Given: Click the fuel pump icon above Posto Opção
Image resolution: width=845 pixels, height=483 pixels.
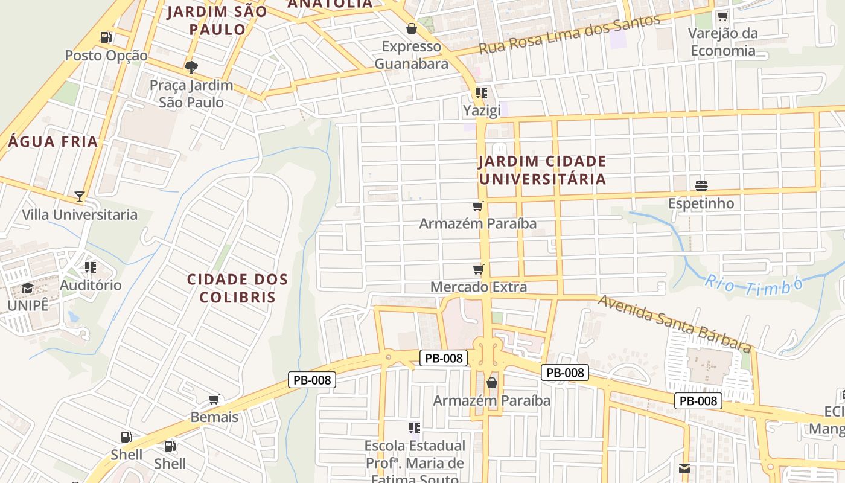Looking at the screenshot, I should (106, 37).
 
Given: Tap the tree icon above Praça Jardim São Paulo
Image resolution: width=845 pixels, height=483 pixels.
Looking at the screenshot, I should (191, 67).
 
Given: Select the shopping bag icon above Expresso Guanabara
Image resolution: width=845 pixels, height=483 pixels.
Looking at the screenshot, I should (412, 28).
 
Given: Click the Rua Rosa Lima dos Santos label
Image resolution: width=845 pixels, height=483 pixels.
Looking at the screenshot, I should (569, 35).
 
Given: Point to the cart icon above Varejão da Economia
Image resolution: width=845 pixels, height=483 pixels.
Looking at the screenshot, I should (722, 16).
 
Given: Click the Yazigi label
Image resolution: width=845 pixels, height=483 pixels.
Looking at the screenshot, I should (481, 111).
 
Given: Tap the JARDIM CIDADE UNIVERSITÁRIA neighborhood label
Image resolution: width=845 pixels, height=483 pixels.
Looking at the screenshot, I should (542, 170).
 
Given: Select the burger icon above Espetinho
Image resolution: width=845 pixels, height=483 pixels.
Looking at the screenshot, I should (701, 185).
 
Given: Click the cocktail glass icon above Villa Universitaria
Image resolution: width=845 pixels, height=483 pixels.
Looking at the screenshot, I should (80, 196).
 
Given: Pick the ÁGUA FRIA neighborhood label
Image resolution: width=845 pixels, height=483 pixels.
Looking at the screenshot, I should (53, 142).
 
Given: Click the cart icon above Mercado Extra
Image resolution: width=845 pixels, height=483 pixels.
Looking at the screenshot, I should (479, 269).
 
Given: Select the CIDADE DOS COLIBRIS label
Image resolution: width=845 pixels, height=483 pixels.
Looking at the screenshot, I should (237, 289).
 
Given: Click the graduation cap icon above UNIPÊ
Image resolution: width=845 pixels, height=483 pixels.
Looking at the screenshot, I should (27, 288).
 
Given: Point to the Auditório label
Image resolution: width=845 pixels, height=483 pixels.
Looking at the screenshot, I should (91, 285).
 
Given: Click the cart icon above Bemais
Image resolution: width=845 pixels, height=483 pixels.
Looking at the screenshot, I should (214, 399).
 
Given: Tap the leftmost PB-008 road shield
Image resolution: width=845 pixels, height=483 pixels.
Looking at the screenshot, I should (311, 380).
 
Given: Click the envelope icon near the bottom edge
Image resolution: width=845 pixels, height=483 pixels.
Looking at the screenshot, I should (684, 469).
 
